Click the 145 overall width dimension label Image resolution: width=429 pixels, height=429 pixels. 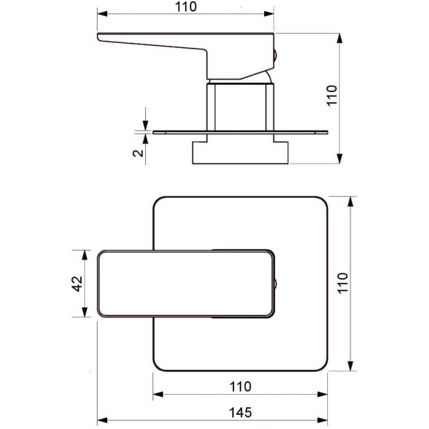click(240, 412)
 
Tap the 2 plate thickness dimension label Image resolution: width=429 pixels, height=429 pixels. click(138, 153)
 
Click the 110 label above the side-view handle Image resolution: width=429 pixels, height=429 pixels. click(186, 7)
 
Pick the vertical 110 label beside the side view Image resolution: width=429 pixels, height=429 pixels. click(332, 96)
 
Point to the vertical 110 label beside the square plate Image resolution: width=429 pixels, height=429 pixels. click(343, 283)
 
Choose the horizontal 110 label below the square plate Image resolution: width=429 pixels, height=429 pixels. click(240, 387)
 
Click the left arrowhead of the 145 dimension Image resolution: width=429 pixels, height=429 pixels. click(102, 420)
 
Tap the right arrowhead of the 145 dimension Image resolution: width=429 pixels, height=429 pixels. click(322, 420)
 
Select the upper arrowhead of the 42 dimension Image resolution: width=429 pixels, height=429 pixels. click(85, 255)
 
